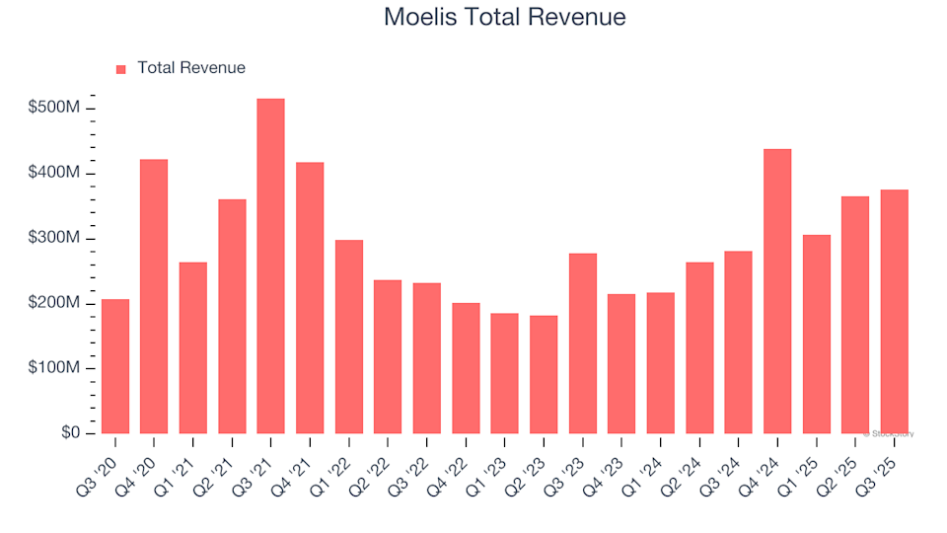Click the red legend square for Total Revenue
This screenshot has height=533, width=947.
pos(121,69)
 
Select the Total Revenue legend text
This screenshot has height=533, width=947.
pos(191,68)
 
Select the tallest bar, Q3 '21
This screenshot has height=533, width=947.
pos(270,266)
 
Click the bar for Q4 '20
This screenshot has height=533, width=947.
pos(154,296)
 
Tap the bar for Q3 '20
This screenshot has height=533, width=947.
pos(114,366)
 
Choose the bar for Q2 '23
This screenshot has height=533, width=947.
pos(544,374)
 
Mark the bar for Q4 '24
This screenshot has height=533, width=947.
pos(777,291)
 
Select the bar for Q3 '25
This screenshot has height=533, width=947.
pos(894,311)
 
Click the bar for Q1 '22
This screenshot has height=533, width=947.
pos(348,337)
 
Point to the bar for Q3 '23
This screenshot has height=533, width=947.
pos(582,343)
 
